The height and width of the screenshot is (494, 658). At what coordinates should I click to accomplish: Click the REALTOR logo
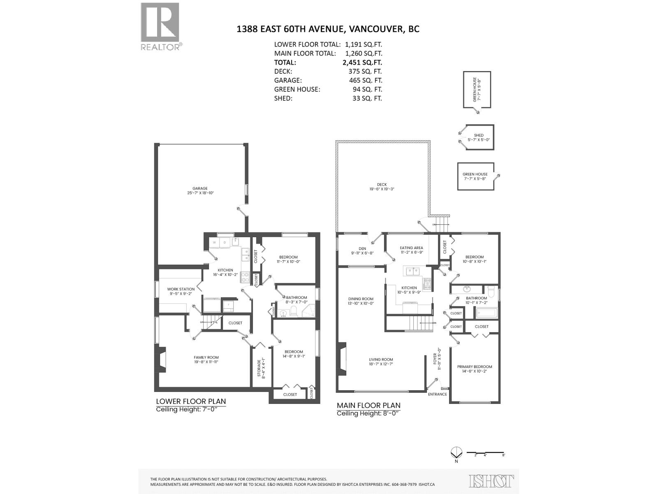160,26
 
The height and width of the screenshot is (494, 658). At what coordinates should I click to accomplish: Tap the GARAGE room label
200,189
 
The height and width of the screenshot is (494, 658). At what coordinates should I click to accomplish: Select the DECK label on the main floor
382,185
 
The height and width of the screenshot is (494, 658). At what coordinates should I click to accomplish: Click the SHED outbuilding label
479,135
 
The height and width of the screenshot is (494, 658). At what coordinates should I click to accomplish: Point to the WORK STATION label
181,289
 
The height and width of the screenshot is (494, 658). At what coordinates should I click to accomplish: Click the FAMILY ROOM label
206,357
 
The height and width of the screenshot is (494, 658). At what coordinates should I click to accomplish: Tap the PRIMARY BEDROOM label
475,366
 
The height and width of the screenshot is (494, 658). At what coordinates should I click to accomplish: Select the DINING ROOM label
361,299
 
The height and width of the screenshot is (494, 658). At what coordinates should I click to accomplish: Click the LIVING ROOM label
381,359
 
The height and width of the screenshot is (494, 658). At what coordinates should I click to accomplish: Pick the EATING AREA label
411,248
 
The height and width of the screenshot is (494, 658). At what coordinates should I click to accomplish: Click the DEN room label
362,248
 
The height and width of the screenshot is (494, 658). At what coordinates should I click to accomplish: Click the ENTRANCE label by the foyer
437,394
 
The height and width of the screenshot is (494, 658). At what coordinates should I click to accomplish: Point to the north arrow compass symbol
456,452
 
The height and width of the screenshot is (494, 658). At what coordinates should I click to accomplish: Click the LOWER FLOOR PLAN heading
191,401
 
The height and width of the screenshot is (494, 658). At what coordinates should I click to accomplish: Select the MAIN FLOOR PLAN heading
368,405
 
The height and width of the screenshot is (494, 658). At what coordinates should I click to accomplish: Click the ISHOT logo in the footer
491,481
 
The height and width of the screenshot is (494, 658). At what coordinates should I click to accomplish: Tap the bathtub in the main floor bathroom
487,314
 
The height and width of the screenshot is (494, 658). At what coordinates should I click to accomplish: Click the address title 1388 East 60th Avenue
328,29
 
